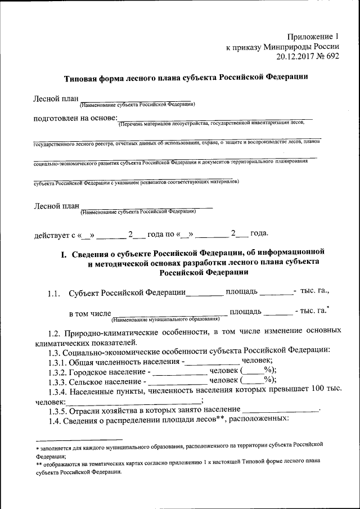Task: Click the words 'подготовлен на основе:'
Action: [x=75, y=119]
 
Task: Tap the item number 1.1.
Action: [x=54, y=292]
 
